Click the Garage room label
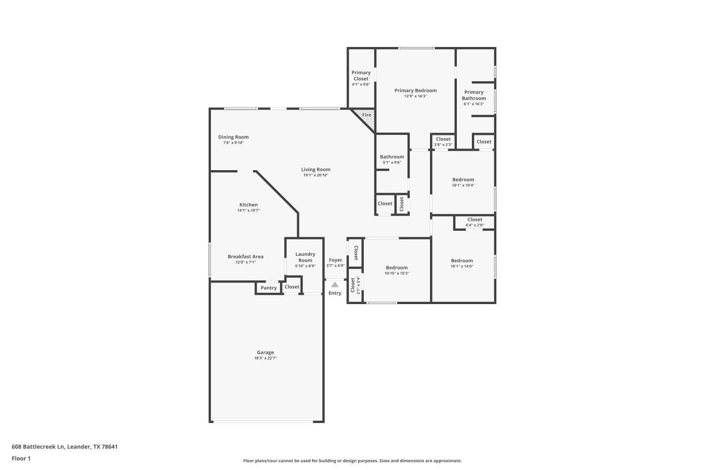[x=265, y=352]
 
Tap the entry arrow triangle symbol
[x=335, y=284]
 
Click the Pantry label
[x=269, y=288]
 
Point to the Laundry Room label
[x=305, y=257]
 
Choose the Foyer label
[x=336, y=260]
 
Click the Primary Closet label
[x=361, y=75]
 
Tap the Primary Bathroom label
[x=474, y=95]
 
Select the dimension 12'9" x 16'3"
[x=415, y=96]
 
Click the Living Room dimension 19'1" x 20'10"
[x=316, y=175]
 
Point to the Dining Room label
[x=233, y=137]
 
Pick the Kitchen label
[x=249, y=205]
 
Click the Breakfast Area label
[x=245, y=257]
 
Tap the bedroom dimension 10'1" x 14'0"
[x=462, y=266]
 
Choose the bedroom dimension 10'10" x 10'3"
[x=397, y=274]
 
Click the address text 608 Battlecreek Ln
[x=38, y=447]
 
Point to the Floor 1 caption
[x=21, y=458]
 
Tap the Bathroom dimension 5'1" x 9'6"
[x=392, y=163]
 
